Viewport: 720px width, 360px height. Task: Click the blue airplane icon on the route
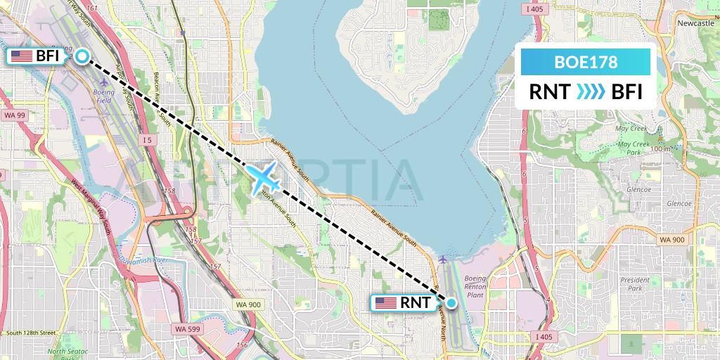[x=265, y=176]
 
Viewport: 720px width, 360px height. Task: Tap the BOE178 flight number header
[x=586, y=62]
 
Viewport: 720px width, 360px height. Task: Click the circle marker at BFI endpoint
[x=82, y=57]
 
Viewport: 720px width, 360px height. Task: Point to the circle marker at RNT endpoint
[x=451, y=303]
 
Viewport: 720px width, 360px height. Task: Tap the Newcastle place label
[x=695, y=23]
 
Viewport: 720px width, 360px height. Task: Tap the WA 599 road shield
[x=186, y=328]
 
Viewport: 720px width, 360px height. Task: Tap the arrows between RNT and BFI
[x=586, y=92]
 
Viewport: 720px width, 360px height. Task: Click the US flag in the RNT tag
[x=386, y=303]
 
